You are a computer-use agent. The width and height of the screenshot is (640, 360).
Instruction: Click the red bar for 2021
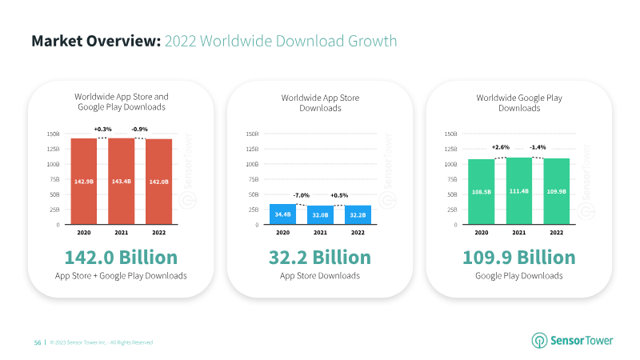pyautogui.click(x=122, y=182)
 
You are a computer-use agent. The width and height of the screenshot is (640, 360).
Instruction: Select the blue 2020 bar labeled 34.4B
pyautogui.click(x=283, y=214)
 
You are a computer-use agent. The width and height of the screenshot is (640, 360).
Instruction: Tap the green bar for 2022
pyautogui.click(x=556, y=191)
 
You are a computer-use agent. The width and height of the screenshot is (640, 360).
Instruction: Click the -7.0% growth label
pyautogui.click(x=302, y=195)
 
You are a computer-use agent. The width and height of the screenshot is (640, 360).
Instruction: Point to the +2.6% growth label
pyautogui.click(x=501, y=147)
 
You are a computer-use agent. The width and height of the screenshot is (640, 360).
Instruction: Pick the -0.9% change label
pyautogui.click(x=139, y=129)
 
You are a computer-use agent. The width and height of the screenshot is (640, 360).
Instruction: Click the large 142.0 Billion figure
pyautogui.click(x=122, y=258)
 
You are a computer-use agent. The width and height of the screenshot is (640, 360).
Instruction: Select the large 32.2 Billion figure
pyautogui.click(x=320, y=258)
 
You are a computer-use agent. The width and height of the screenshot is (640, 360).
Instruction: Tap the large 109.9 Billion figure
pyautogui.click(x=519, y=258)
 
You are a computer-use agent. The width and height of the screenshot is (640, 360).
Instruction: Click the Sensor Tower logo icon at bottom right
pyautogui.click(x=539, y=341)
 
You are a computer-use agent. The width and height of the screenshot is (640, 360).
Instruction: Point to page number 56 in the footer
pyautogui.click(x=38, y=342)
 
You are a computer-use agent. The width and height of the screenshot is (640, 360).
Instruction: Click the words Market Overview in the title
pyautogui.click(x=96, y=41)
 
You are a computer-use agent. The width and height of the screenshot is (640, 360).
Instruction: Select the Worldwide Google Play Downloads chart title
pyautogui.click(x=519, y=103)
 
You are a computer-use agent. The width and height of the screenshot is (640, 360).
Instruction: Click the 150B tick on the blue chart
pyautogui.click(x=252, y=134)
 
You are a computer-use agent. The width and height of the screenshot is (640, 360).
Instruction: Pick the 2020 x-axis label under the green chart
pyautogui.click(x=482, y=232)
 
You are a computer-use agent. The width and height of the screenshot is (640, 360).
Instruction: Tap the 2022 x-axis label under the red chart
pyautogui.click(x=158, y=232)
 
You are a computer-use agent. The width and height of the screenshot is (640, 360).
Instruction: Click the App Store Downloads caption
pyautogui.click(x=320, y=276)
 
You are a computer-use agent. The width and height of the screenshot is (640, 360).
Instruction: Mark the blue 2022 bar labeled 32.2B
pyautogui.click(x=358, y=214)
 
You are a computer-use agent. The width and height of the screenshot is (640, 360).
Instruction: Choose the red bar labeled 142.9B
pyautogui.click(x=84, y=182)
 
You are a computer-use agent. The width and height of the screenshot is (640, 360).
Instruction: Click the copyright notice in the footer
pyautogui.click(x=102, y=342)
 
